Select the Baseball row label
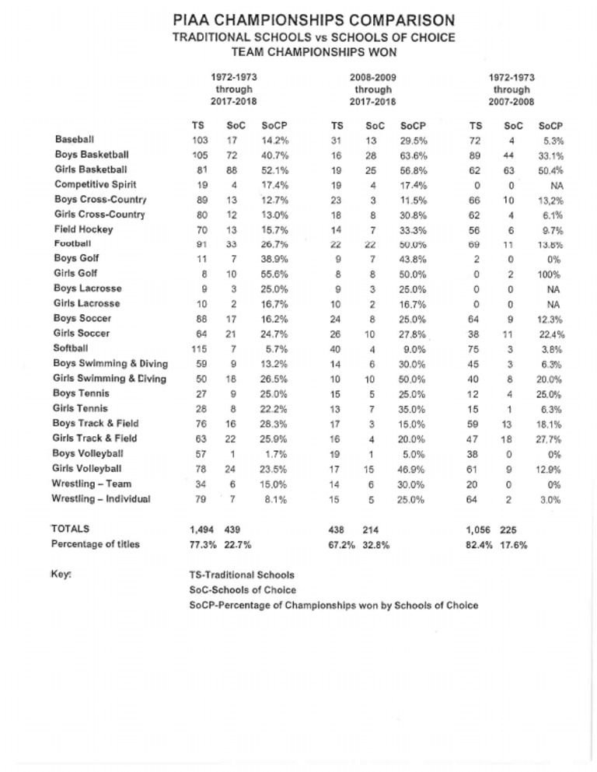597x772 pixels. tap(75, 139)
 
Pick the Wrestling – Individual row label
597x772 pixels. tap(103, 498)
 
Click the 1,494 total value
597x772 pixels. tap(202, 529)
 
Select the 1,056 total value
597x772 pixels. tap(478, 529)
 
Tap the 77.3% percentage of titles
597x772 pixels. tap(201, 544)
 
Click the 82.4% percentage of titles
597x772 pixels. tap(479, 544)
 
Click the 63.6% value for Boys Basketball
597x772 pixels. tap(411, 155)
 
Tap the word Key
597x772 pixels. tap(63, 575)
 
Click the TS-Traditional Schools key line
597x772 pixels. tap(242, 575)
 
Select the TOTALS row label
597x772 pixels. tap(71, 529)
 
